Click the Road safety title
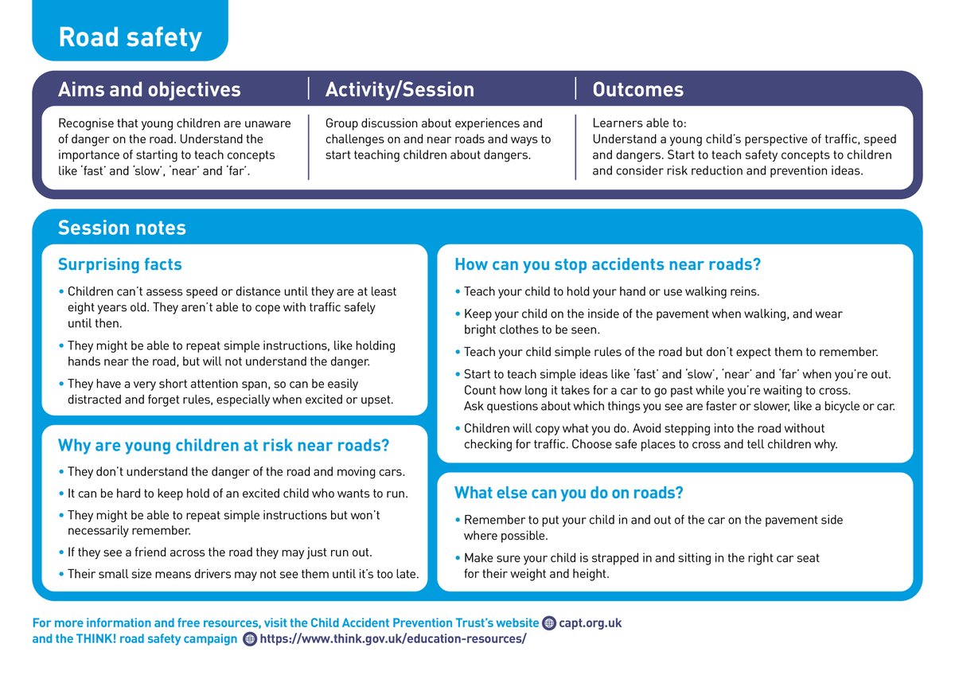(130, 37)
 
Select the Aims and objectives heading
(149, 90)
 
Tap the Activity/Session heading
(400, 90)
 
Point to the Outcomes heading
(637, 90)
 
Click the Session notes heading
(122, 228)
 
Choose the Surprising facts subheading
(119, 264)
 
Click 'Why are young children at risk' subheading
(224, 445)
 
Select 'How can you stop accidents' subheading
(607, 264)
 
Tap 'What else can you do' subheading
(568, 493)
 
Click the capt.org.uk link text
(590, 622)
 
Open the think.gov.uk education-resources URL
(392, 638)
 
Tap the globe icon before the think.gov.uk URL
(250, 639)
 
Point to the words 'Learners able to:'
(639, 123)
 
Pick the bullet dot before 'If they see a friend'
(61, 552)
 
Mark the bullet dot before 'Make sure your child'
(458, 558)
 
